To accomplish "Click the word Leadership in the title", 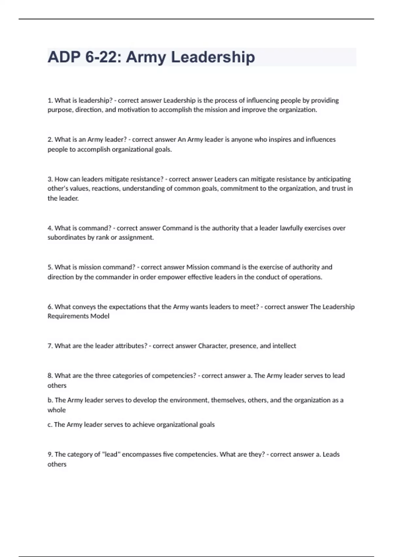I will click(x=213, y=57).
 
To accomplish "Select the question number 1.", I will click(x=50, y=100).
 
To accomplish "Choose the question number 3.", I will click(x=50, y=179).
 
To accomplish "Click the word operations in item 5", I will click(x=305, y=277).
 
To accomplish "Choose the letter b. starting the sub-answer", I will click(x=50, y=400).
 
